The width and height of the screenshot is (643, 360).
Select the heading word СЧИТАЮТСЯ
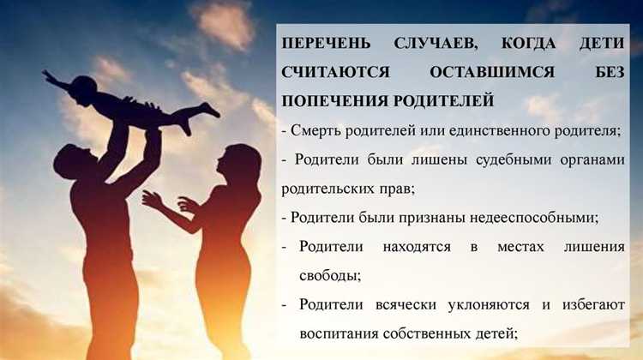[x=330, y=71]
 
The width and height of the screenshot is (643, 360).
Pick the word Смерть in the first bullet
[x=315, y=131]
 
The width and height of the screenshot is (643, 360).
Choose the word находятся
[x=408, y=247]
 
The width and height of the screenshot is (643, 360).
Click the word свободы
[x=330, y=275]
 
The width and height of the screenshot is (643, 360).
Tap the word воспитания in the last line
[x=338, y=333]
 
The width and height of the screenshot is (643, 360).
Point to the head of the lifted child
[x=82, y=87]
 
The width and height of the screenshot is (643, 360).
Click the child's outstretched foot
[x=210, y=111]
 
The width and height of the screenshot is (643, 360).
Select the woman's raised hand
[x=152, y=199]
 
